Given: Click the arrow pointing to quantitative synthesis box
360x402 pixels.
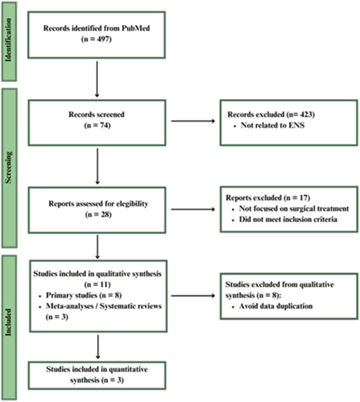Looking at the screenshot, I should click(x=97, y=346).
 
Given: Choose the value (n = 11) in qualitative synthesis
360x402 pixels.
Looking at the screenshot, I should click(x=97, y=282).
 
